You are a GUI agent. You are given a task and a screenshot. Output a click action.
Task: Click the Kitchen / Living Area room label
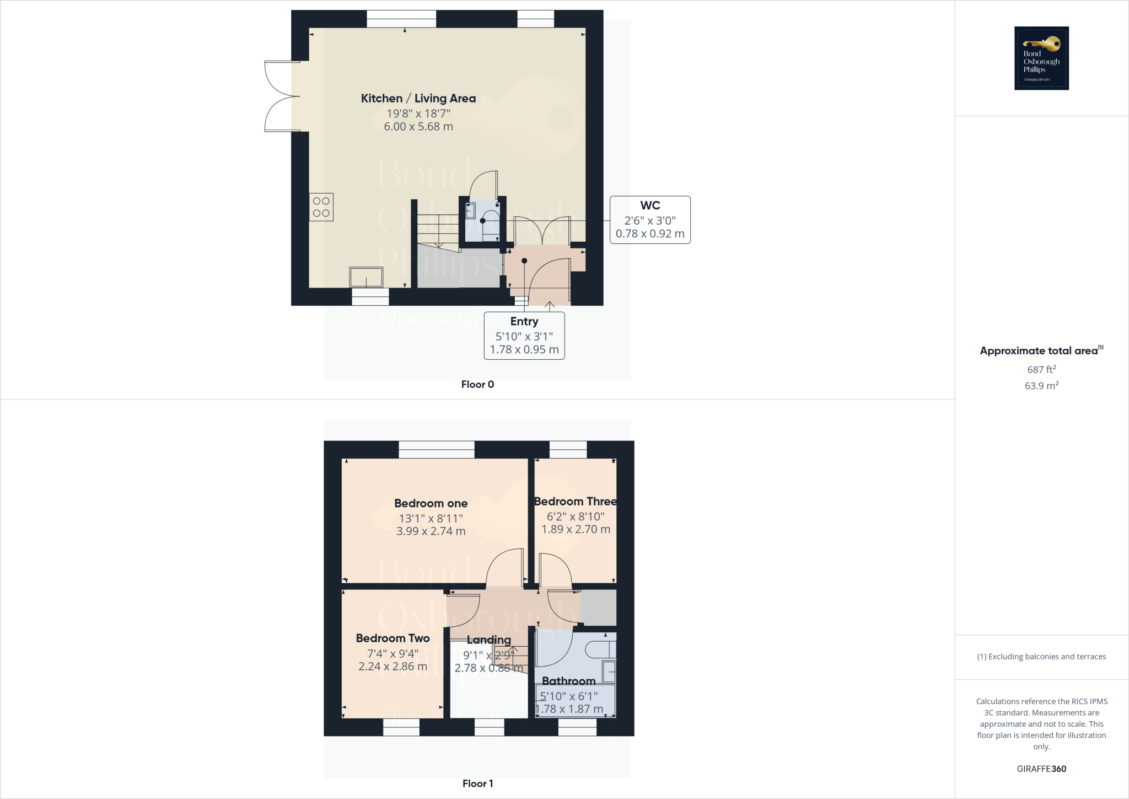pyautogui.click(x=418, y=98)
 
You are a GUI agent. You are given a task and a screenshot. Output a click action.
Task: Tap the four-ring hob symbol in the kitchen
pyautogui.click(x=321, y=207)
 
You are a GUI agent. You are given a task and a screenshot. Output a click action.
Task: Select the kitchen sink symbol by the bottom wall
pyautogui.click(x=366, y=277)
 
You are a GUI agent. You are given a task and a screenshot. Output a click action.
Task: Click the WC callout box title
pyautogui.click(x=650, y=205)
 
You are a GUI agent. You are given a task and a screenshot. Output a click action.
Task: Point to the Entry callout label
pyautogui.click(x=524, y=321)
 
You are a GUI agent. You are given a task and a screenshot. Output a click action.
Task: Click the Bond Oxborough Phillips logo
pyautogui.click(x=1041, y=58)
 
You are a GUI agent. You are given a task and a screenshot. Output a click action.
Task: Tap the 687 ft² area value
pyautogui.click(x=1041, y=370)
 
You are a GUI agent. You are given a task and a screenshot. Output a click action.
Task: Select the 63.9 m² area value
pyautogui.click(x=1041, y=386)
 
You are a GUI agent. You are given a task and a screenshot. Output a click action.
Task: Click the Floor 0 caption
pyautogui.click(x=477, y=385)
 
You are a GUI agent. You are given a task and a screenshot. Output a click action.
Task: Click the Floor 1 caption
pyautogui.click(x=477, y=784)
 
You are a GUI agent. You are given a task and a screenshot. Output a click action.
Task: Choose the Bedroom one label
pyautogui.click(x=431, y=503)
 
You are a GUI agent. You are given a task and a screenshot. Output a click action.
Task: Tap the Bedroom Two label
pyautogui.click(x=393, y=638)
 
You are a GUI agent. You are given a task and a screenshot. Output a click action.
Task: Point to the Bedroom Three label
pyautogui.click(x=576, y=502)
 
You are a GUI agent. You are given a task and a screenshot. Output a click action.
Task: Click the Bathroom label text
pyautogui.click(x=568, y=681)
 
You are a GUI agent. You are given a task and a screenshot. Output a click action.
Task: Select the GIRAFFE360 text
pyautogui.click(x=1041, y=769)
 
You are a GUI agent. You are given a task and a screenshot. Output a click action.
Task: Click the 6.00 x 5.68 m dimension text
pyautogui.click(x=418, y=126)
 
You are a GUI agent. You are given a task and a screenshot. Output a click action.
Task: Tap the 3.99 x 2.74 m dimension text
pyautogui.click(x=431, y=531)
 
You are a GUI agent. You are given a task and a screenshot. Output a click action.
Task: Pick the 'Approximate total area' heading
pyautogui.click(x=1039, y=351)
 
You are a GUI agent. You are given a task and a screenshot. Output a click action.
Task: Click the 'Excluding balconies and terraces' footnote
pyautogui.click(x=1041, y=657)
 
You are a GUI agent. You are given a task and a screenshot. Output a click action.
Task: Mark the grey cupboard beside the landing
pyautogui.click(x=599, y=608)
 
